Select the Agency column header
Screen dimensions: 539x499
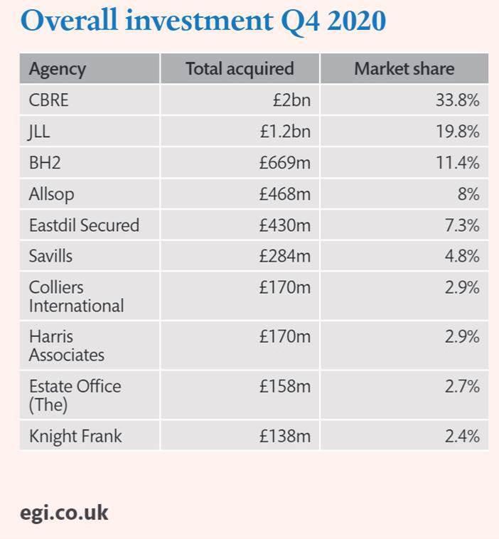[x=57, y=69]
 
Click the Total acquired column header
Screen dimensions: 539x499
[x=240, y=69]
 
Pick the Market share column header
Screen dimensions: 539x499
[x=404, y=69]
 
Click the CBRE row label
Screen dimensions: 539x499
[x=49, y=100]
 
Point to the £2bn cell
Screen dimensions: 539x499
[x=291, y=100]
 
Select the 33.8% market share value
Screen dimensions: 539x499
[x=457, y=100]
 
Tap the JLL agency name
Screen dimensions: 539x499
[x=40, y=132]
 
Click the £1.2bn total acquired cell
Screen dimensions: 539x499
[x=284, y=132]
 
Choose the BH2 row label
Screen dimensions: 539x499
[x=45, y=163]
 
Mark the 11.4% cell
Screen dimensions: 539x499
[x=457, y=163]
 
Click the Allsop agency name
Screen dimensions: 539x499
[x=51, y=194]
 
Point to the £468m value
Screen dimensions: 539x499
[x=284, y=194]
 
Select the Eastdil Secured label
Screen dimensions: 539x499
[x=84, y=225]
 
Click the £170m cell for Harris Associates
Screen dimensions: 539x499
[x=284, y=336]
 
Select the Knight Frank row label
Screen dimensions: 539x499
[x=75, y=436]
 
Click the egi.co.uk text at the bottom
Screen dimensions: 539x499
[x=64, y=513]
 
